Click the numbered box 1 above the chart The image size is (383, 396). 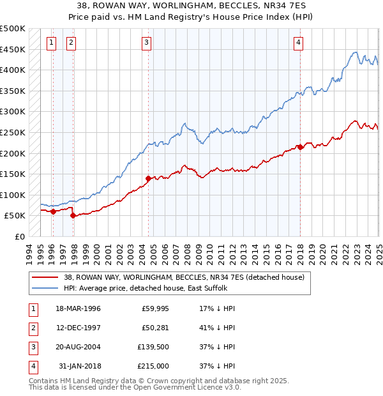(51, 43)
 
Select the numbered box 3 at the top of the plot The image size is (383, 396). (147, 43)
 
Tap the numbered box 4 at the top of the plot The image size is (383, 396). (298, 43)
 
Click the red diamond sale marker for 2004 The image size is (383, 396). (149, 178)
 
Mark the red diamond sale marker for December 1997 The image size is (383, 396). (73, 216)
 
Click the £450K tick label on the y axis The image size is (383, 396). (13, 49)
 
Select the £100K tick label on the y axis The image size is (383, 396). (13, 195)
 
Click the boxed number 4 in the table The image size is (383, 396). (32, 366)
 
